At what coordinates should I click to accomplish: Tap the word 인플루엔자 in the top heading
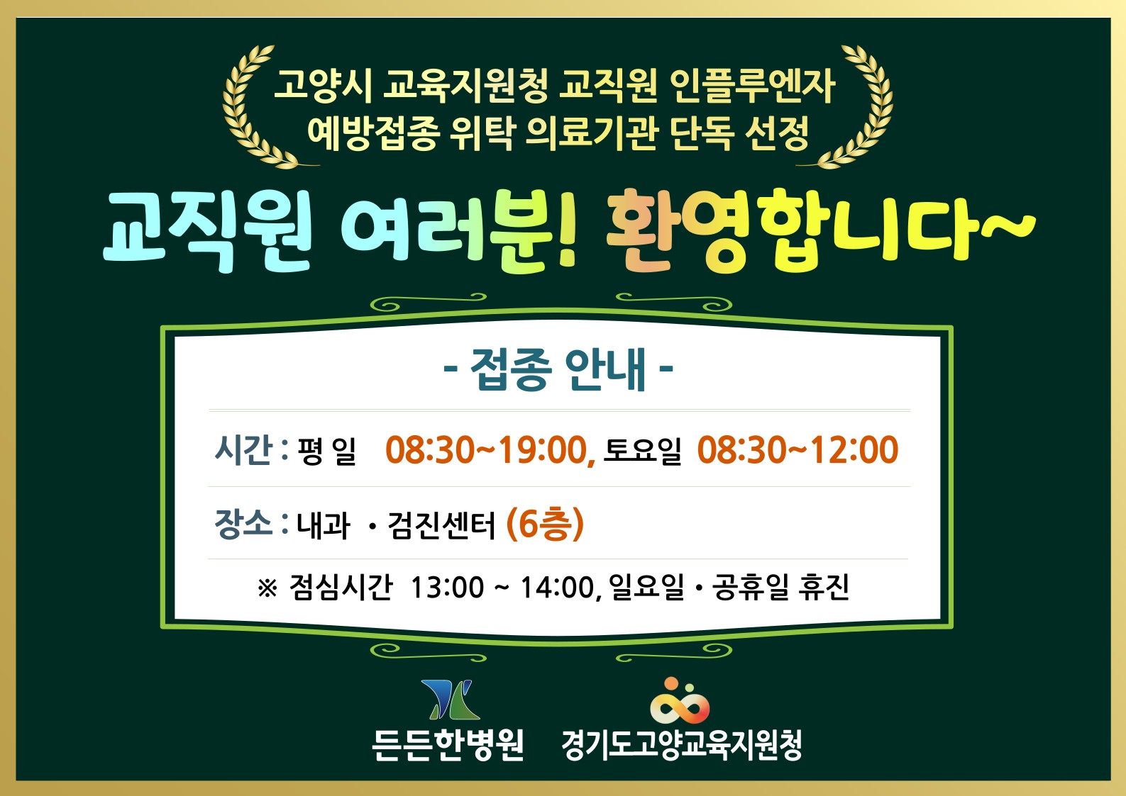tap(752, 85)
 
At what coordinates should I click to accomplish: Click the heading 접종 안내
tap(558, 369)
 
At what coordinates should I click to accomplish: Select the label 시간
tap(243, 449)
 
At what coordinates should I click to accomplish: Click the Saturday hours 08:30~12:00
tap(797, 450)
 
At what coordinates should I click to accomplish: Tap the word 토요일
tap(642, 451)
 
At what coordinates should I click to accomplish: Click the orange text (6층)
tap(545, 525)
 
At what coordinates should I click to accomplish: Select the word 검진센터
tap(441, 525)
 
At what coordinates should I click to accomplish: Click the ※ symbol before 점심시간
tap(267, 588)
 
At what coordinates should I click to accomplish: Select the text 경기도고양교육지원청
tap(681, 744)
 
